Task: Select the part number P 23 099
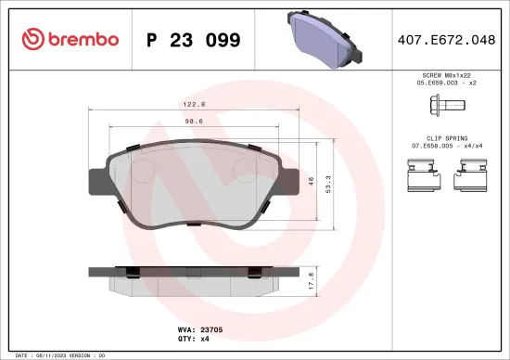[x=194, y=40]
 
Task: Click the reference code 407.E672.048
[x=445, y=40]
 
